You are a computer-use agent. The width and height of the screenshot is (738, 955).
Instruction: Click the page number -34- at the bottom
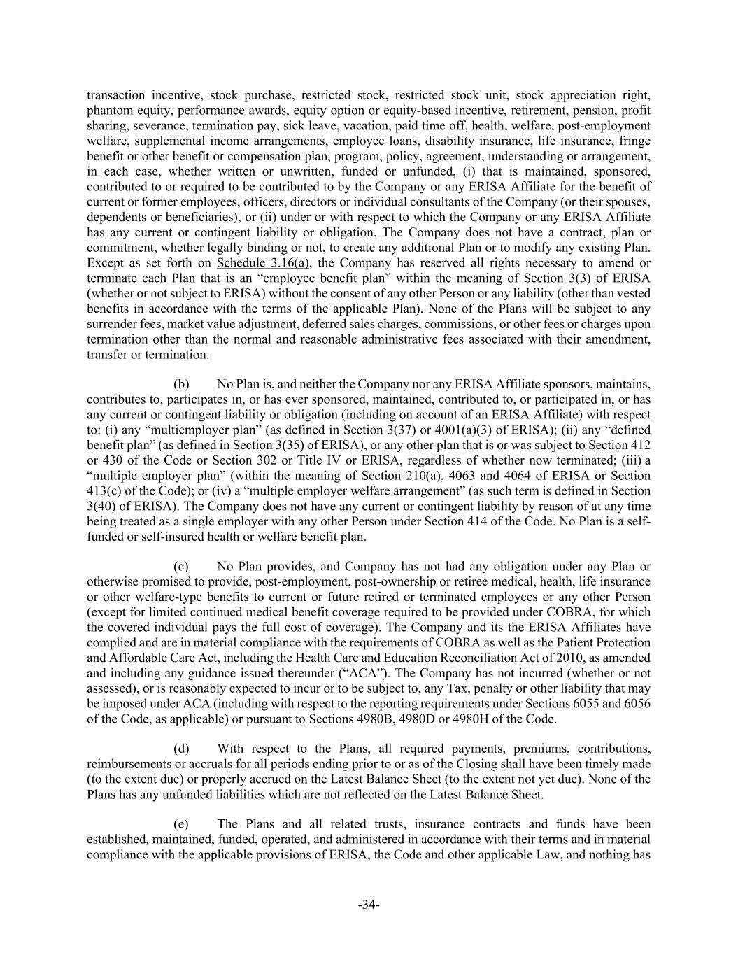[369, 905]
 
